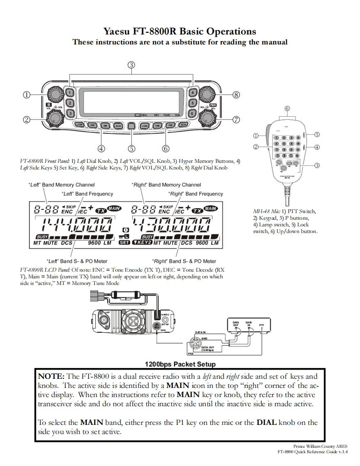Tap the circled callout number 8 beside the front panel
236,95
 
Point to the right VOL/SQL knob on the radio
207,118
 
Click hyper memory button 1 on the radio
70,93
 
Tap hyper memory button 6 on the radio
192,113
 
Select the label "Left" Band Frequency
87,194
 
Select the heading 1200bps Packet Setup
180,364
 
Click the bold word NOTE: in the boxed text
52,376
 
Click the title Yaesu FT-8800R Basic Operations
180,31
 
